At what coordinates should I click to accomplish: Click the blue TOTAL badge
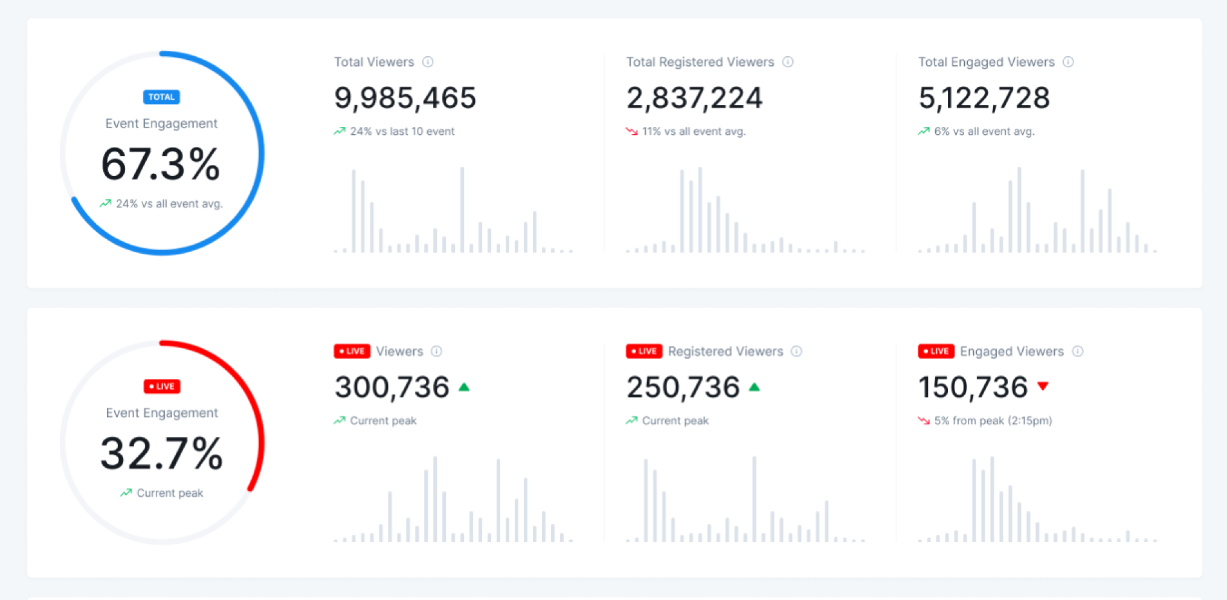[x=161, y=97]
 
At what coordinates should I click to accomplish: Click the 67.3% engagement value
[x=161, y=164]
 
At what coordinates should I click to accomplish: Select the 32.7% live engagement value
[x=161, y=454]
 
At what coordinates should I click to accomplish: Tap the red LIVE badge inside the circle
[x=162, y=386]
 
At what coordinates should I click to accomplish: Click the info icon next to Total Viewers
[x=428, y=62]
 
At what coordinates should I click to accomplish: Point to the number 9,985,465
[x=405, y=98]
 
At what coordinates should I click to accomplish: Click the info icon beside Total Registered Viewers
[x=788, y=62]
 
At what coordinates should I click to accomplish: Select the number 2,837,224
[x=694, y=98]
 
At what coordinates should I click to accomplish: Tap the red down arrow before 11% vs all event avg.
[x=631, y=131]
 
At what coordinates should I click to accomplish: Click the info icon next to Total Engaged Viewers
[x=1068, y=62]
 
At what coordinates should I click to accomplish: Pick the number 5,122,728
[x=984, y=98]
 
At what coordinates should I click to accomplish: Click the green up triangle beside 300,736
[x=464, y=387]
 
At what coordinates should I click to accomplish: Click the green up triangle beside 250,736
[x=754, y=387]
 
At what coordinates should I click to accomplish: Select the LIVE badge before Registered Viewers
[x=644, y=351]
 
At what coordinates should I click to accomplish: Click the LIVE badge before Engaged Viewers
[x=936, y=351]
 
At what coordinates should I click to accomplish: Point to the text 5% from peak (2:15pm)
[x=993, y=421]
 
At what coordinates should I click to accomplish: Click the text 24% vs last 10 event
[x=402, y=131]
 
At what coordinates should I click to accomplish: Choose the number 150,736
[x=973, y=387]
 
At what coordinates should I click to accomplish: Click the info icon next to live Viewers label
[x=437, y=351]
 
